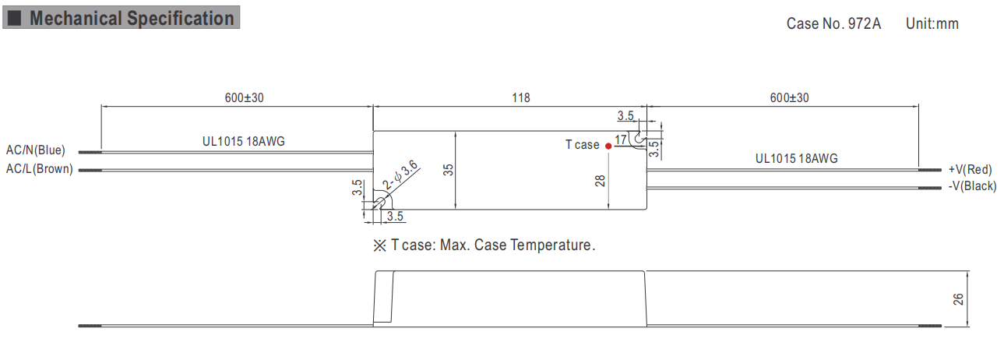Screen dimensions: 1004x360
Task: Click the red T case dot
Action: click(x=608, y=146)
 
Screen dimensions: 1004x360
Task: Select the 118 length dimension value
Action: click(x=521, y=97)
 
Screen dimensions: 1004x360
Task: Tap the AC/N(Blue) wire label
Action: click(x=35, y=150)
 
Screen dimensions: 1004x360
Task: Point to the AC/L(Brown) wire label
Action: click(x=40, y=168)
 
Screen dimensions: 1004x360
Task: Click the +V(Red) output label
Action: click(x=970, y=169)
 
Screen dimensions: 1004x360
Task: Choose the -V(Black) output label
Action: click(x=972, y=186)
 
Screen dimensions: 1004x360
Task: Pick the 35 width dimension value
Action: click(x=448, y=170)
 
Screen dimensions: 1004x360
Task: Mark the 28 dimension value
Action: click(x=600, y=181)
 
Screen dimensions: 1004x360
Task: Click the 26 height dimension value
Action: click(x=958, y=299)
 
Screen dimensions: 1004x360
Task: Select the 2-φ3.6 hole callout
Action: click(x=400, y=175)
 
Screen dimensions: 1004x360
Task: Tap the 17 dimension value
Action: click(x=621, y=140)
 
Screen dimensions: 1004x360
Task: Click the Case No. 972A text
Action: click(x=833, y=23)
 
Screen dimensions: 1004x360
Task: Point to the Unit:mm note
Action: click(x=932, y=23)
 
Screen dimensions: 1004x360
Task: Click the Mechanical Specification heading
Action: click(x=132, y=19)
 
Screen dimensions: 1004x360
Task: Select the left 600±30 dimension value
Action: click(x=245, y=97)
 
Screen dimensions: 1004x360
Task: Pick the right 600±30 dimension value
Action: click(x=789, y=97)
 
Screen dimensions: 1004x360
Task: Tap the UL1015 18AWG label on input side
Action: click(x=243, y=141)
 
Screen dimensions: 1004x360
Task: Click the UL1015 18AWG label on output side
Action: click(x=797, y=158)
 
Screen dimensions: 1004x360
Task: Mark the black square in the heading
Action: click(x=14, y=18)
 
